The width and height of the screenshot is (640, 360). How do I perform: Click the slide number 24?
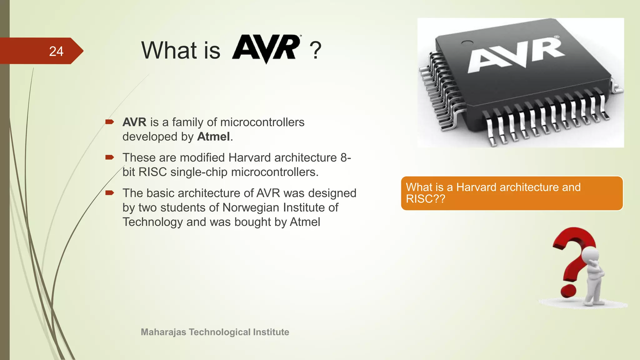[56, 51]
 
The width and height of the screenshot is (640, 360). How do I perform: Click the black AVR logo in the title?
[266, 48]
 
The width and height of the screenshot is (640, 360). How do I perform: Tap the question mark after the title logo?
[315, 51]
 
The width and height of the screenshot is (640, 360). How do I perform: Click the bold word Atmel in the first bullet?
[213, 137]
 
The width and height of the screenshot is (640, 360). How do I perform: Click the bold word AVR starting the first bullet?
[134, 122]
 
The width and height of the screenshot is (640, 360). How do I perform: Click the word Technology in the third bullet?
[152, 222]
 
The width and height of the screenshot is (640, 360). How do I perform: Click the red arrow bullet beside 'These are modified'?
[110, 157]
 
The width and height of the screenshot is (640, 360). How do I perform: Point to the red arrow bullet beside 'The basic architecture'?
[110, 193]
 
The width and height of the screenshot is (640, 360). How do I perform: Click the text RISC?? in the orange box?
[425, 199]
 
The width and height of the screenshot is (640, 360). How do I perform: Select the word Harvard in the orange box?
[476, 187]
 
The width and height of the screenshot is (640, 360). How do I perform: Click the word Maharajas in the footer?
[163, 332]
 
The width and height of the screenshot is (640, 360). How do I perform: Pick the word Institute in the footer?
[271, 332]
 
